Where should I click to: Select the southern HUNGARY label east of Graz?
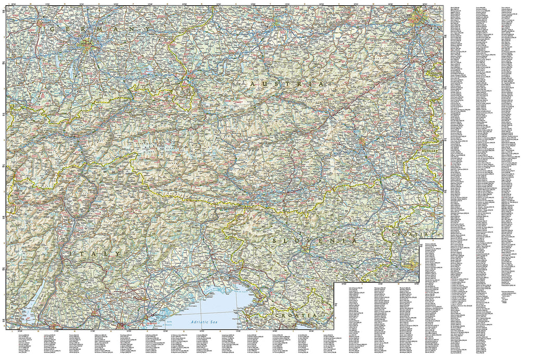[x=430, y=149]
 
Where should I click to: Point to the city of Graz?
[x=363, y=142]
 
